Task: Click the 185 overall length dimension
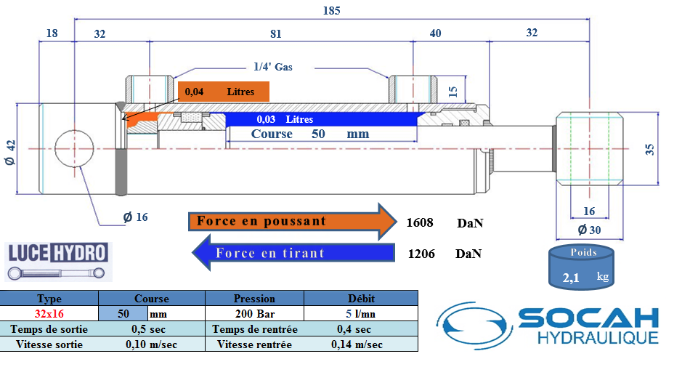tap(331, 10)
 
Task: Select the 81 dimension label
tap(275, 34)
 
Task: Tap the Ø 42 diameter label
tap(10, 153)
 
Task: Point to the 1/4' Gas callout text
tap(273, 67)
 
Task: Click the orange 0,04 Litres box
tap(224, 92)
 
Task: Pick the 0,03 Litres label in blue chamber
tap(285, 119)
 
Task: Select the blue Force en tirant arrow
tap(293, 253)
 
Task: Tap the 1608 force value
tap(419, 222)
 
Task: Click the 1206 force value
tap(421, 254)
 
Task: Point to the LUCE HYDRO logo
tap(58, 262)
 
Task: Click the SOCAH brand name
tap(588, 318)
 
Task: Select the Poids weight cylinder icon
tap(581, 267)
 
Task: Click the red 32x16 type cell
tap(49, 314)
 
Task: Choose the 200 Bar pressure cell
tap(255, 314)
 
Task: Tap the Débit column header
tap(361, 299)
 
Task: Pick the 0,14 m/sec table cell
tap(357, 344)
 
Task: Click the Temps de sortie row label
tap(49, 329)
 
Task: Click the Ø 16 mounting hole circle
tap(74, 148)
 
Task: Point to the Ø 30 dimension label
tap(589, 230)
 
